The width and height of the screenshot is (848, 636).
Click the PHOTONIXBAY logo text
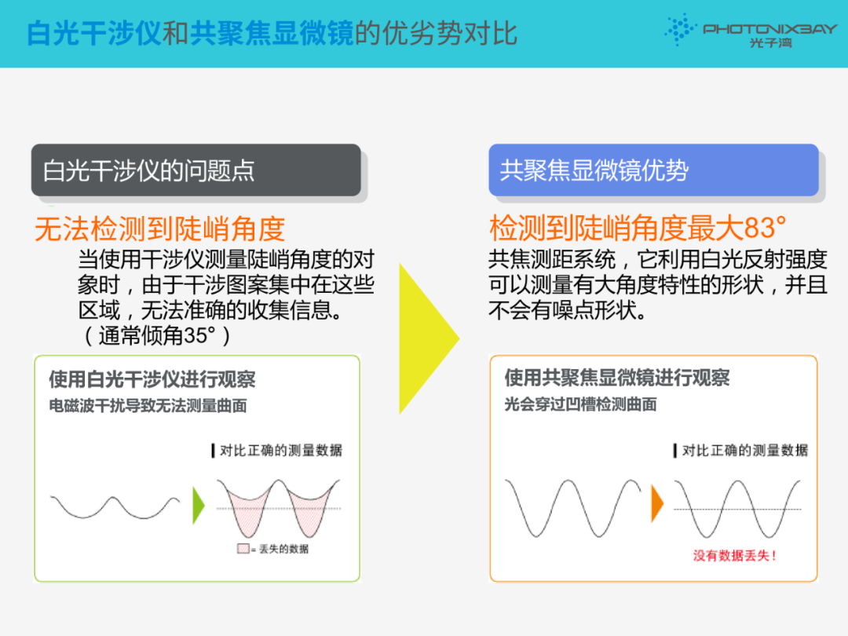click(x=769, y=29)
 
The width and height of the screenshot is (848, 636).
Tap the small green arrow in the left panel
click(x=199, y=505)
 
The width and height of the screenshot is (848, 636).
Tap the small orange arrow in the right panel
click(x=657, y=503)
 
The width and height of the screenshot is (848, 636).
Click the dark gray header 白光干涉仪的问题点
click(x=196, y=170)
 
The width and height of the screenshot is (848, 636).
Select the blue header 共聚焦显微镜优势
click(x=653, y=170)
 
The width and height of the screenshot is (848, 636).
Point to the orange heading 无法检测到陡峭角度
click(x=159, y=228)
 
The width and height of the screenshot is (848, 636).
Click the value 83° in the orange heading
click(x=765, y=228)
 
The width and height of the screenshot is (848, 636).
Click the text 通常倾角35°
click(x=157, y=335)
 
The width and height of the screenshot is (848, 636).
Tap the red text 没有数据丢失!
click(x=735, y=555)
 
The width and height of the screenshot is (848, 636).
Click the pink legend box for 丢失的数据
click(x=243, y=548)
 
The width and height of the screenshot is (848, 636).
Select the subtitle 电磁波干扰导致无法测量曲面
click(x=148, y=406)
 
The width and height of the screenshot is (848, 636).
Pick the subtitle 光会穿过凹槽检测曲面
click(x=580, y=404)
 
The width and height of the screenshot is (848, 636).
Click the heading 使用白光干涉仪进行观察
click(x=152, y=379)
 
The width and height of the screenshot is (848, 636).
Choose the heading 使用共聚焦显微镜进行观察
click(x=616, y=378)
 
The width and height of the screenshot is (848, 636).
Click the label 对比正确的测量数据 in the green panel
click(x=280, y=450)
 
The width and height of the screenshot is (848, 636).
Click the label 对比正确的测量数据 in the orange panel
click(x=744, y=450)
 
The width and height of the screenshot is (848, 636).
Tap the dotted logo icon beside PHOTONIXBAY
click(x=680, y=29)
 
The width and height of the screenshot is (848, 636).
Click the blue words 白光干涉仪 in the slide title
click(x=94, y=33)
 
